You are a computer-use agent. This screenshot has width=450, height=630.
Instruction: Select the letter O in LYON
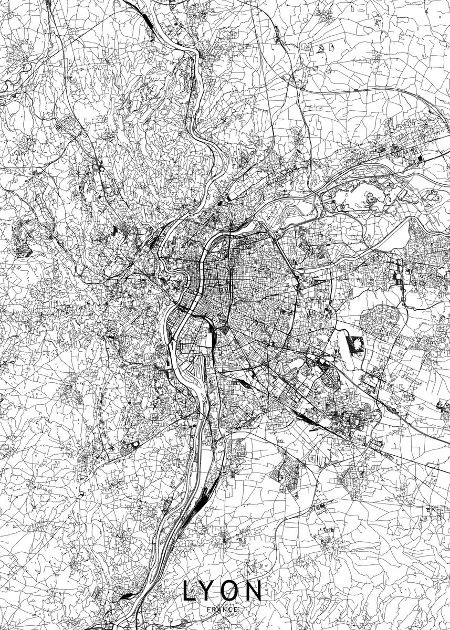(229, 591)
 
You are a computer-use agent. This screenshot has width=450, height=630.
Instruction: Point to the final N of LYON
(253, 591)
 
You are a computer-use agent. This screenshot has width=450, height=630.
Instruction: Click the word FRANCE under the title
(223, 609)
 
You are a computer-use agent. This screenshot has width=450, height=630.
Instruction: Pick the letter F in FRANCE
(209, 609)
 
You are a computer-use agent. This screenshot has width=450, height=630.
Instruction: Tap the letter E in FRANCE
(236, 609)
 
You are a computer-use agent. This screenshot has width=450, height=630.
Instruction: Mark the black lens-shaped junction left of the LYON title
(128, 596)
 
